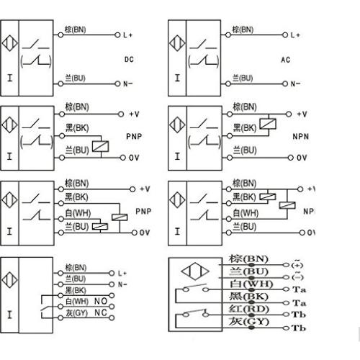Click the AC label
285,57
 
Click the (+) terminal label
295,264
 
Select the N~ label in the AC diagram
296,84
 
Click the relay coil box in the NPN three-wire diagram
269,123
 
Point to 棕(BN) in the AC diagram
243,30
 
